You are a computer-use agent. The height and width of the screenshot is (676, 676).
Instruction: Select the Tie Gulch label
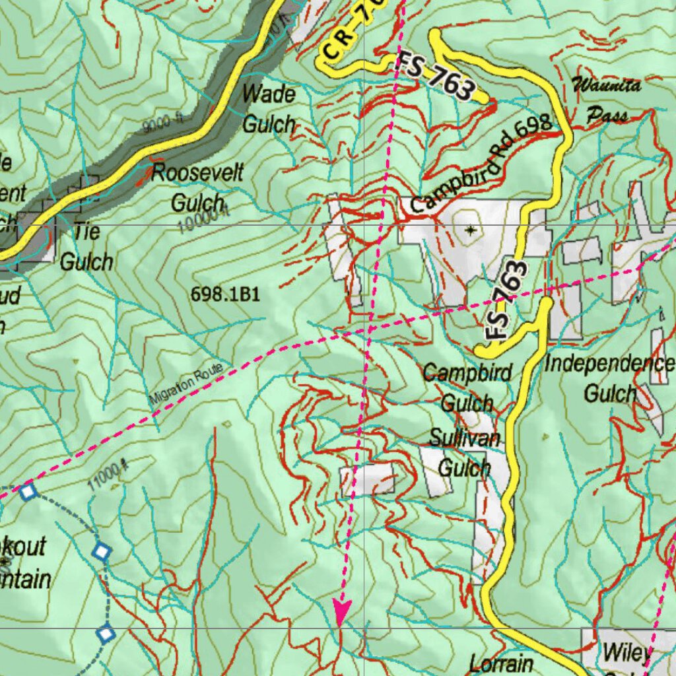tap(86, 247)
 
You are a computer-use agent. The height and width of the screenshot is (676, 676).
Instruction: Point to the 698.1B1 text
tap(225, 295)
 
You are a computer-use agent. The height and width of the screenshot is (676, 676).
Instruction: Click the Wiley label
tap(626, 654)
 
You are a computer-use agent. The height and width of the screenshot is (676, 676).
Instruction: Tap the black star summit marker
tap(470, 230)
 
